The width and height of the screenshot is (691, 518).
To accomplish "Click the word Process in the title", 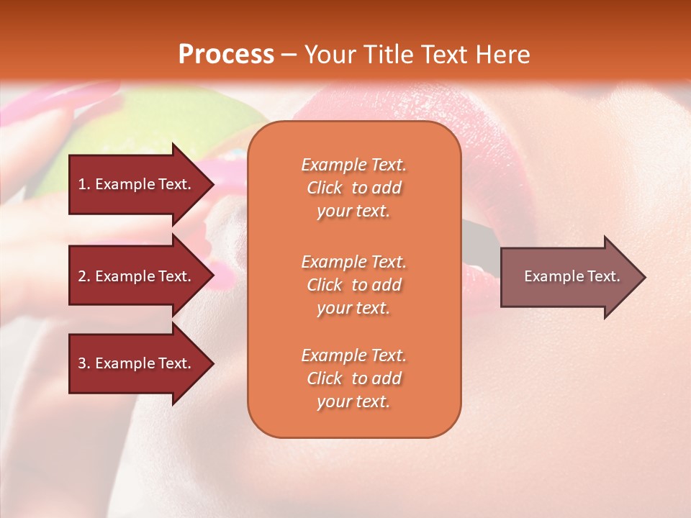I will [x=226, y=55].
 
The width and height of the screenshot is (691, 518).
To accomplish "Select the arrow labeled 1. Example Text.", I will [x=137, y=184].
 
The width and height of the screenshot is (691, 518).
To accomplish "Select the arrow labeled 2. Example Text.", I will [x=137, y=276].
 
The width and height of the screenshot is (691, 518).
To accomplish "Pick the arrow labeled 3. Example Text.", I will [x=137, y=363].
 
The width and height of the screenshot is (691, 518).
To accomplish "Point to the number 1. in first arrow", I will [x=83, y=184].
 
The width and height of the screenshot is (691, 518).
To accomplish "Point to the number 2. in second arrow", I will [x=83, y=276].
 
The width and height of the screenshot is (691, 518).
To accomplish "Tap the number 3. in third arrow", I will [x=83, y=363].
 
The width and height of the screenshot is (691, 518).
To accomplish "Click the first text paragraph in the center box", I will [x=353, y=188].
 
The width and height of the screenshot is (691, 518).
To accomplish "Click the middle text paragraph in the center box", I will [x=353, y=285].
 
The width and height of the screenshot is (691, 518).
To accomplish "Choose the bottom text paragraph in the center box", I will [x=353, y=378].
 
